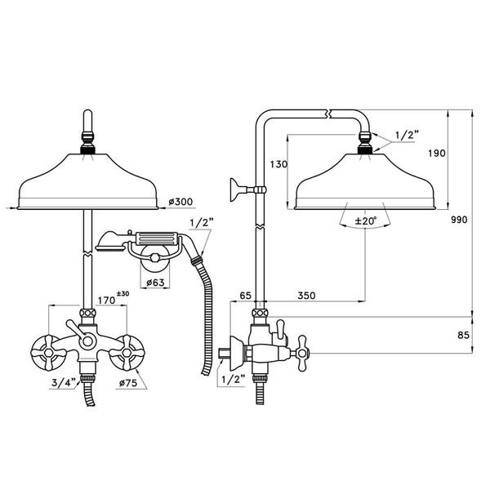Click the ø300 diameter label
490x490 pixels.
179,201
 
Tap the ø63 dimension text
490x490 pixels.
158,283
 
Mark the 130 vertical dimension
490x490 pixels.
278,164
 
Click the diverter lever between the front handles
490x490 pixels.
80,332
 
